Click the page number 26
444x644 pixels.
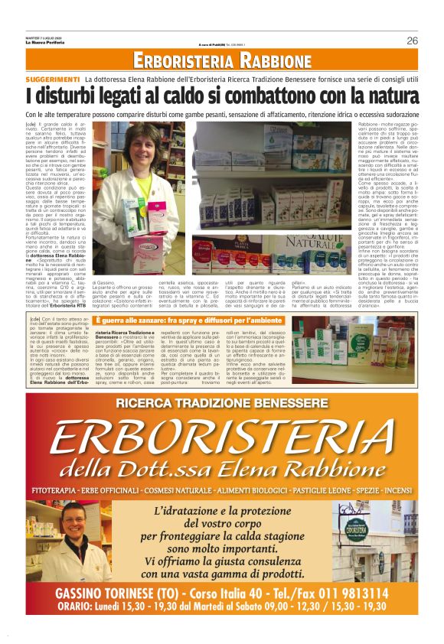(412, 41)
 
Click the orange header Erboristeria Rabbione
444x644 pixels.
(221, 61)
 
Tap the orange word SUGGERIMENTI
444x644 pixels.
(52, 80)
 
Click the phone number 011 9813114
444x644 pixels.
(348, 593)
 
